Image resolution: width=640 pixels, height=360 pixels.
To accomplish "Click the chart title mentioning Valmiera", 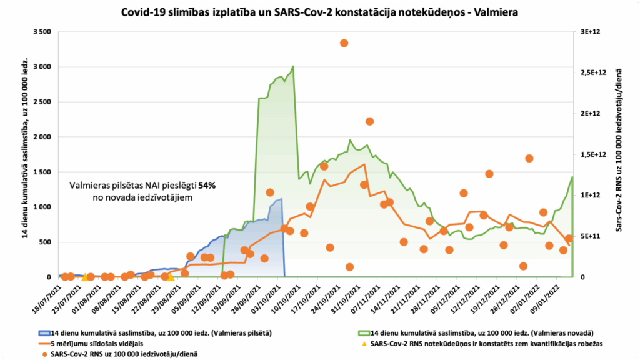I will coord(319,12).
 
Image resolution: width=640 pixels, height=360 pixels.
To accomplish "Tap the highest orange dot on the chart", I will coord(344,43).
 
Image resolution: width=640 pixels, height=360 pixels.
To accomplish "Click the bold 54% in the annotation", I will coord(207,186).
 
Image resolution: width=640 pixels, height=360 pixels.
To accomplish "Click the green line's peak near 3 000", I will coord(293,66).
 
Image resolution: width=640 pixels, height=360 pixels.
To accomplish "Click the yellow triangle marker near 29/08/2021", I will coord(169,276).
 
